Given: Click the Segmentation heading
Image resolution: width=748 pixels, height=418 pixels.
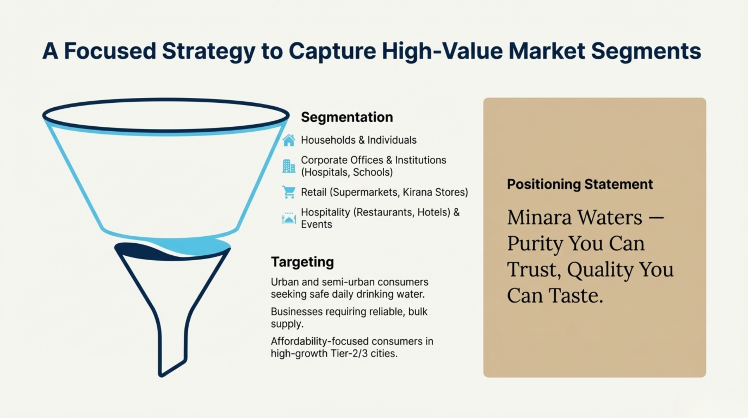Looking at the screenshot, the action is coord(347,117).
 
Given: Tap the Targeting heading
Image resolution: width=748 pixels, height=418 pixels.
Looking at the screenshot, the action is coord(302,262).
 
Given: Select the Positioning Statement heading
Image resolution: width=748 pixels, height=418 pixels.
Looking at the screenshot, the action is coord(580,184).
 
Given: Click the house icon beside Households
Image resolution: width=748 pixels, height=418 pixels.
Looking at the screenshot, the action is coord(289,140).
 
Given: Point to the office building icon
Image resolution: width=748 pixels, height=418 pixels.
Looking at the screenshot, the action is coord(289,166).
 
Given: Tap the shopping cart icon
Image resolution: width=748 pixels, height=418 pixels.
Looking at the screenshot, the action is coord(289,192).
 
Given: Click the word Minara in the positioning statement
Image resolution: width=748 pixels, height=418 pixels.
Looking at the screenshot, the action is coord(539,218).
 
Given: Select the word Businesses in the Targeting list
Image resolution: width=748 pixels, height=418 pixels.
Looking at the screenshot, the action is coord(297,312).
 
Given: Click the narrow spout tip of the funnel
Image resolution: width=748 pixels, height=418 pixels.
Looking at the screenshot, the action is coord(162,375).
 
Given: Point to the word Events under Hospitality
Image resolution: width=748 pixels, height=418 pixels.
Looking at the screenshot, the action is coord(316,224).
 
